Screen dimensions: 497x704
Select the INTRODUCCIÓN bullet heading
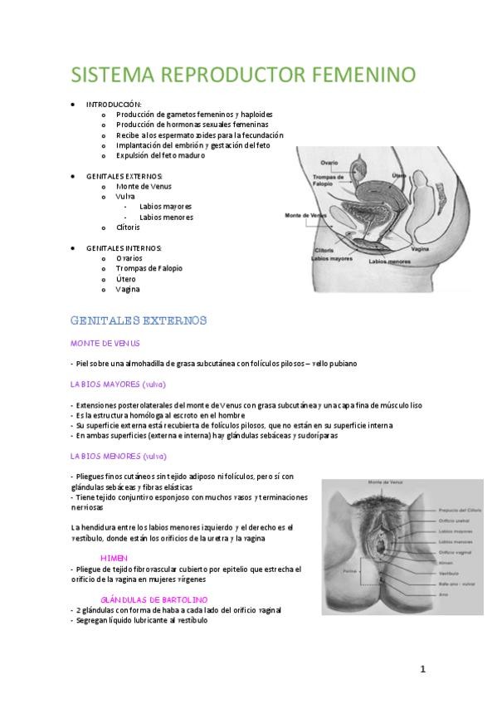[x=115, y=104]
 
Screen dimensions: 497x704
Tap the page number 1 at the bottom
[x=422, y=669]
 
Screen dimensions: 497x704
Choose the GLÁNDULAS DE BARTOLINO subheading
[x=153, y=599]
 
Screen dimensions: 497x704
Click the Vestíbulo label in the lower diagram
[x=447, y=572]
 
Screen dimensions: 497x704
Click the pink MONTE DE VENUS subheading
[x=105, y=343]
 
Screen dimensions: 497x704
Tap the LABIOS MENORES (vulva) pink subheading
[x=118, y=456]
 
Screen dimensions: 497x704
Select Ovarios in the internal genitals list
[x=129, y=258]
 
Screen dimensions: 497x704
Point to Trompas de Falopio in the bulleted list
[x=149, y=268]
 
